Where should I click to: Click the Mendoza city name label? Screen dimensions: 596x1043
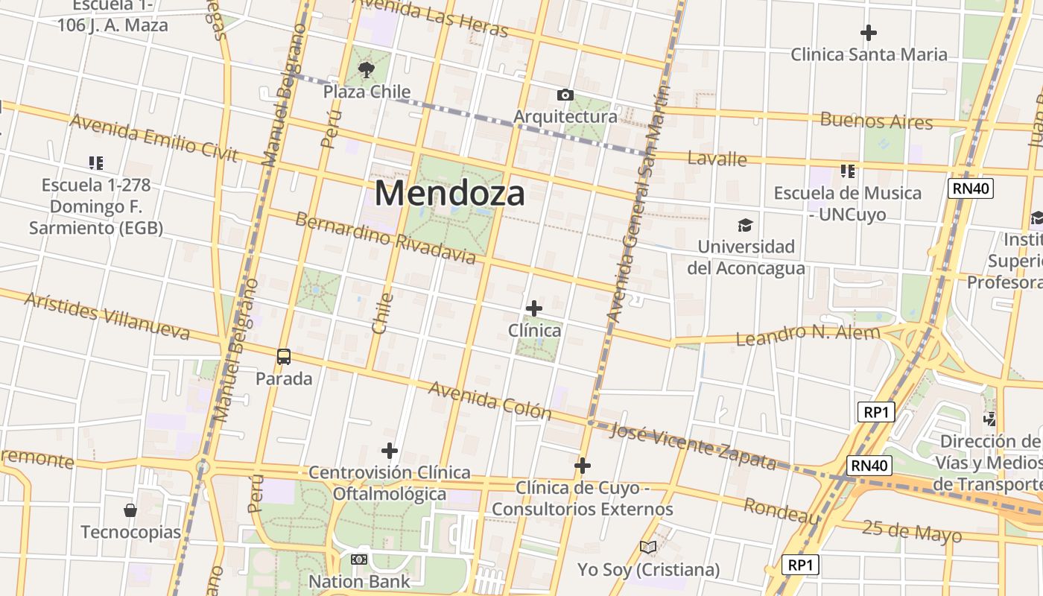449,193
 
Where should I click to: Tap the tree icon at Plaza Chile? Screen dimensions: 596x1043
366,70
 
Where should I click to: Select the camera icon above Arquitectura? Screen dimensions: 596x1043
565,95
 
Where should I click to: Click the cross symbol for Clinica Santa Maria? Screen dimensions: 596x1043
868,33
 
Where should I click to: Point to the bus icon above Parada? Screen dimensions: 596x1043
284,356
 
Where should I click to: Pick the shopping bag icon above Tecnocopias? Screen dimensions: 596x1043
130,510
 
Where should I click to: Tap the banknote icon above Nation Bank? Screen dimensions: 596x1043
359,559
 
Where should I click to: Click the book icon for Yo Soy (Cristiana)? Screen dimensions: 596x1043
648,548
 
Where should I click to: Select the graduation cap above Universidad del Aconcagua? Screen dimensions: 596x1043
745,225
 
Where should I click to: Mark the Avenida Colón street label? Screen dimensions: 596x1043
489,401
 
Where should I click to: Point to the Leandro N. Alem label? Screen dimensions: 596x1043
808,335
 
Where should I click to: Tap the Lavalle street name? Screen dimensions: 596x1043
717,158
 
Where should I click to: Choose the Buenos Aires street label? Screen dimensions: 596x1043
876,120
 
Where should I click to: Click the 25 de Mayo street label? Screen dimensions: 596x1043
912,531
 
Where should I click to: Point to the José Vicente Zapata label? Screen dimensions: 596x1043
693,445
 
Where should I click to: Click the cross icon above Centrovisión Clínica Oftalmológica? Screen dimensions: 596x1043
390,451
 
